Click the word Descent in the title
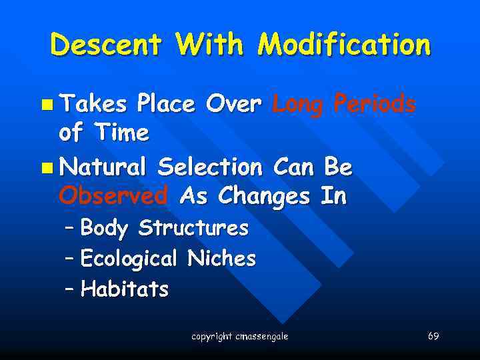(x=106, y=45)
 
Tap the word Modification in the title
(x=344, y=45)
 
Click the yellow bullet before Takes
(x=46, y=105)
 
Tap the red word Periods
(x=375, y=104)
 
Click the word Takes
(x=94, y=104)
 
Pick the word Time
(x=121, y=133)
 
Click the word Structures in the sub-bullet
(x=193, y=229)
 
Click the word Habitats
(x=124, y=289)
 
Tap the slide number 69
(x=433, y=336)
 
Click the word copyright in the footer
(x=211, y=337)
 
